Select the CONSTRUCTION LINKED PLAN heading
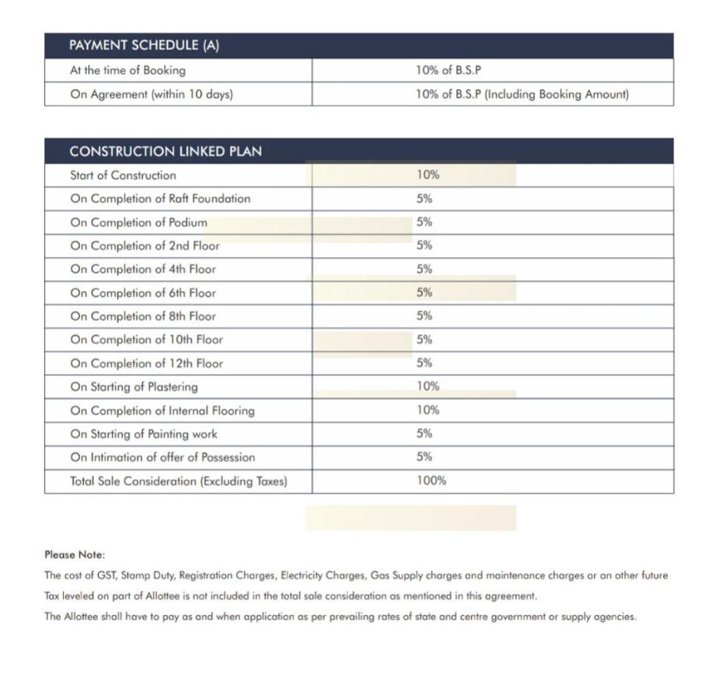click(x=165, y=152)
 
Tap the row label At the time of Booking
click(x=127, y=71)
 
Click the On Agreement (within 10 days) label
click(x=151, y=94)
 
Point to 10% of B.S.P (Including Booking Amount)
click(x=522, y=94)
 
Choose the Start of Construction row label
click(x=123, y=175)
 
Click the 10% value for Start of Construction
click(x=428, y=175)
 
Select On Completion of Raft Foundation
click(x=160, y=198)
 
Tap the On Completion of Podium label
click(x=139, y=223)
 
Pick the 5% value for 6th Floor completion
click(x=424, y=293)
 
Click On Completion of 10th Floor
click(x=146, y=340)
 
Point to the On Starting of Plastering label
click(x=133, y=387)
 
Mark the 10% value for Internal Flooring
click(x=428, y=411)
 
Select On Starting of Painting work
click(x=144, y=434)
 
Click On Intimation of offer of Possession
click(x=163, y=457)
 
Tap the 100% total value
click(x=431, y=481)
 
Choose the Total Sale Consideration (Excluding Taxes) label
click(x=178, y=481)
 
